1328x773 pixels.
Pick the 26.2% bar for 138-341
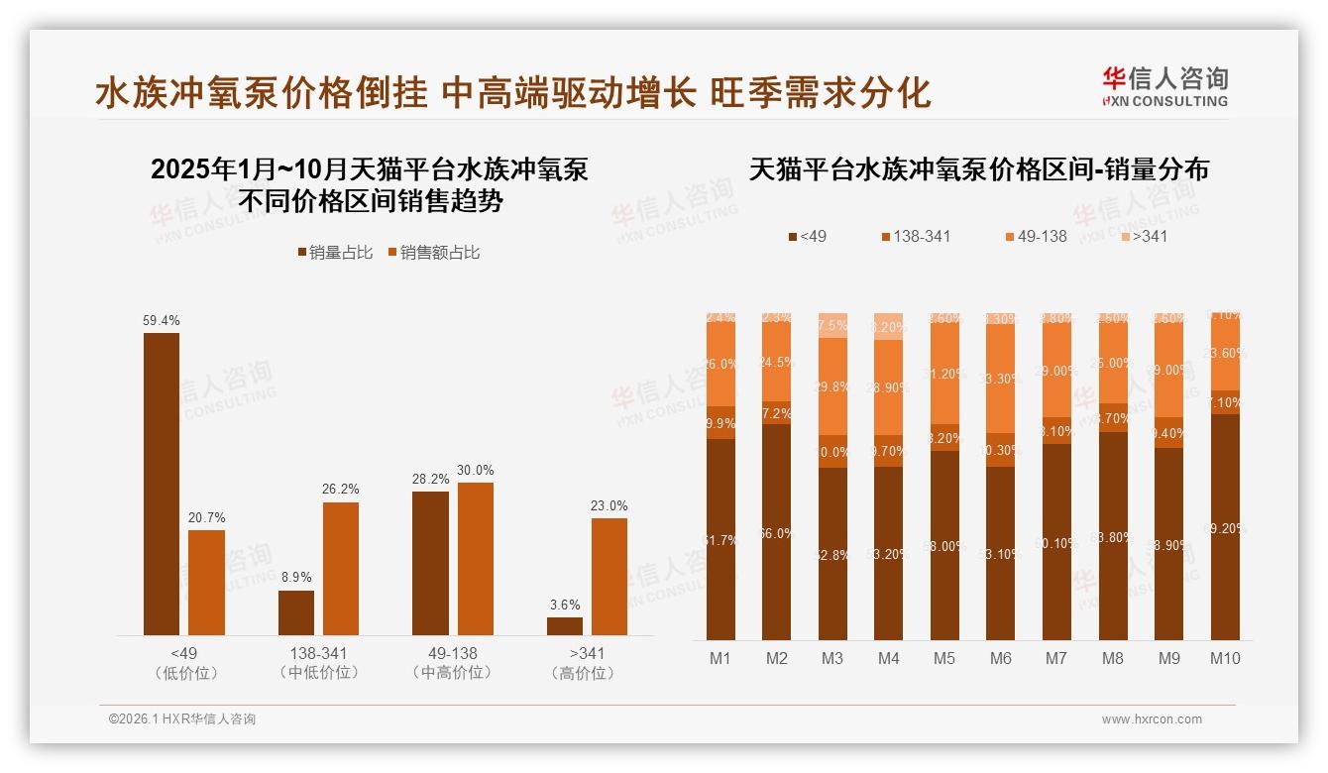tap(341, 569)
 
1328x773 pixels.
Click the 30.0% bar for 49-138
tap(475, 559)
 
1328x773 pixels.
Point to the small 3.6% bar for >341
tap(565, 626)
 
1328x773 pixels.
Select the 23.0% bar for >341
tap(609, 577)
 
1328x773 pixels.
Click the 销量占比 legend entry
tap(335, 253)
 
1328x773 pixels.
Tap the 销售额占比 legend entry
tap(433, 253)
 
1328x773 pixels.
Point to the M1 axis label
tap(720, 658)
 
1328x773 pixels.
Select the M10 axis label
tap(1225, 658)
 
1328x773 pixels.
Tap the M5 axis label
tap(944, 658)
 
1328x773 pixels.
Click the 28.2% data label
tap(431, 480)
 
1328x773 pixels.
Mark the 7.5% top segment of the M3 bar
tap(832, 325)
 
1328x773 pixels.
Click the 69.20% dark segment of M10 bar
tap(1225, 527)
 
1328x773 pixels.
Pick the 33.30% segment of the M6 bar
tap(1001, 379)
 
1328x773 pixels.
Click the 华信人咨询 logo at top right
tap(1164, 86)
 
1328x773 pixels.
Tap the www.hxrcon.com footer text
tap(1152, 719)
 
